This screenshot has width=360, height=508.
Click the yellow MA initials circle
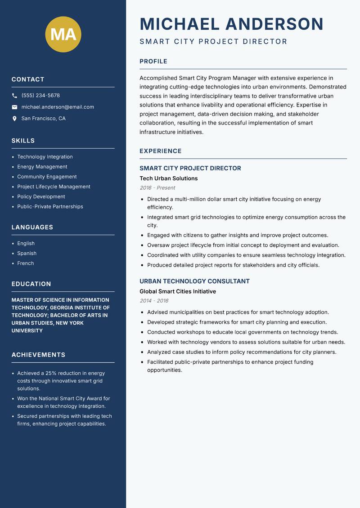[63, 34]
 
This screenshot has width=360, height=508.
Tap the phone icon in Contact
[14, 96]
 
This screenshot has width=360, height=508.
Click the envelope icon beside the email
[14, 107]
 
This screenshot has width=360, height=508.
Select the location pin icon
[14, 119]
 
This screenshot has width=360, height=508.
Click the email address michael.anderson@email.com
[58, 107]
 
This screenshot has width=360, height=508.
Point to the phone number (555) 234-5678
[40, 95]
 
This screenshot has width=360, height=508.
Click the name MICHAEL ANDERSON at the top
[232, 24]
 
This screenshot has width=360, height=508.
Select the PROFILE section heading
[153, 61]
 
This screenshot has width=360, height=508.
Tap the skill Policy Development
[41, 196]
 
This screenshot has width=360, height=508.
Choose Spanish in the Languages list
[27, 253]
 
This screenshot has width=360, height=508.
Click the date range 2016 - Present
[157, 188]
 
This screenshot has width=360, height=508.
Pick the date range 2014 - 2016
[154, 301]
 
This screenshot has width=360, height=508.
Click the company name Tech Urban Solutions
[169, 178]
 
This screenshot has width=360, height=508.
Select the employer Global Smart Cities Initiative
[178, 291]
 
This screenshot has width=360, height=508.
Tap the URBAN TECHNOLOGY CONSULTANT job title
[194, 281]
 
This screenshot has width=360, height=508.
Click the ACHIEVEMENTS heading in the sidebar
[38, 355]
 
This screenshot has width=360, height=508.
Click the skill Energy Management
[42, 167]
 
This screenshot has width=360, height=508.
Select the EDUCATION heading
[31, 284]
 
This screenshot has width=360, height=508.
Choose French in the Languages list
[25, 263]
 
